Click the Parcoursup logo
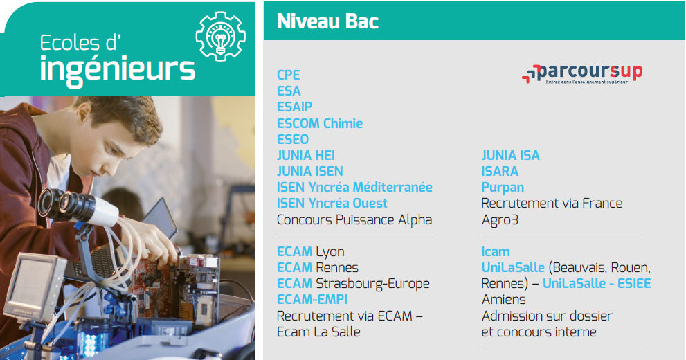(582, 73)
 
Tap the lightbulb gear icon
(221, 36)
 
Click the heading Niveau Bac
(327, 21)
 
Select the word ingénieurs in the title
(117, 70)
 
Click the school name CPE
(288, 75)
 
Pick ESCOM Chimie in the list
(320, 123)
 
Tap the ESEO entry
(293, 139)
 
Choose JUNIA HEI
(306, 155)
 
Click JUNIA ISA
(511, 155)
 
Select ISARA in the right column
(500, 171)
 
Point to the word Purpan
(503, 188)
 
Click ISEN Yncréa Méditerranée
(354, 187)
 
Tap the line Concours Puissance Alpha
(354, 219)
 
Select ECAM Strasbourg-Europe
(353, 283)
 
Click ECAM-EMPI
(312, 299)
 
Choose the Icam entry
(495, 251)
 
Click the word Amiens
(503, 300)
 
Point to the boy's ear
(82, 113)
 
